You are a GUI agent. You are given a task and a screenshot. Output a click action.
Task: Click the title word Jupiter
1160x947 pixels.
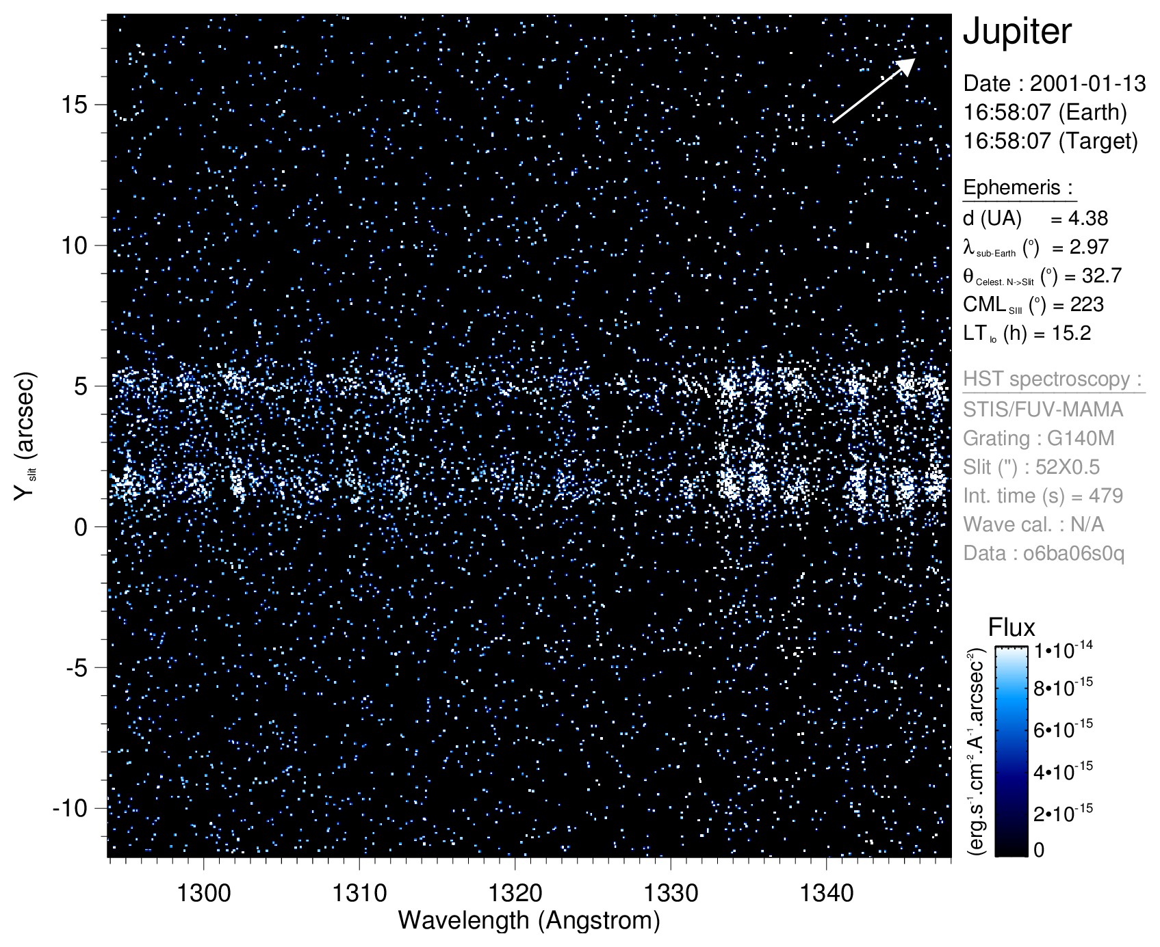1017,32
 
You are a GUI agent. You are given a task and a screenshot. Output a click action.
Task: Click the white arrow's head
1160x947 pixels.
908,64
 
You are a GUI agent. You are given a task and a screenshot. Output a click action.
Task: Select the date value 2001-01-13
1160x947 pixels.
1087,83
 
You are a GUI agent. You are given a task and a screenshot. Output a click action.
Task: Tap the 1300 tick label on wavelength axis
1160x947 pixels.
203,892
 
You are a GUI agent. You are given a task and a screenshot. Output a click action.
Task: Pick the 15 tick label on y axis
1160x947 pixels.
75,105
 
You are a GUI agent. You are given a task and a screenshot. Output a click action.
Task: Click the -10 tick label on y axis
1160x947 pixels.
70,808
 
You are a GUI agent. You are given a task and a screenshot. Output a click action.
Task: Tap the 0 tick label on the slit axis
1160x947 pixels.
81,527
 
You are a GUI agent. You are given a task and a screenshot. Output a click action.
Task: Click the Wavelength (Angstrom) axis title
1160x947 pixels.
529,920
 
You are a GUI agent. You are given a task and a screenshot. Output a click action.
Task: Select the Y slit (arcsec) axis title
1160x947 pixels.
25,436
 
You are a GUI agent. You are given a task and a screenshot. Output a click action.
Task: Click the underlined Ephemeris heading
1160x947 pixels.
1018,187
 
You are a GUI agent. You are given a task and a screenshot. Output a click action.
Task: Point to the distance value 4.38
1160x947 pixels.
1087,219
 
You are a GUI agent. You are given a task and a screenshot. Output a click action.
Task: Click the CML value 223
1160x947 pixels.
1087,305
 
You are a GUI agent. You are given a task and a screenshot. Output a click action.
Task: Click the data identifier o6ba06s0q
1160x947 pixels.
1073,553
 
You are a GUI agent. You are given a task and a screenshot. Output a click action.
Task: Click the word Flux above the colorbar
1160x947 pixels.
1011,628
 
